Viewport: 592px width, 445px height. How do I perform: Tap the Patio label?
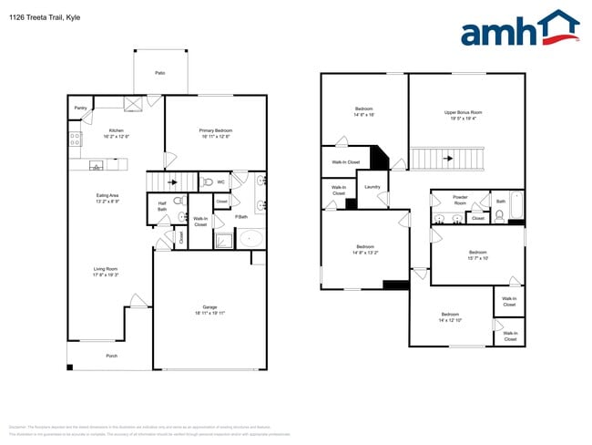[x=159, y=72]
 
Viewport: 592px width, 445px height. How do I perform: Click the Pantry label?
[x=80, y=108]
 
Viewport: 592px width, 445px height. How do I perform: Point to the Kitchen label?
[x=117, y=130]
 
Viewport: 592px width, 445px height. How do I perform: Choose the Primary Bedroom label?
[x=216, y=130]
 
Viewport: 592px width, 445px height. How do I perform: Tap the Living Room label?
[x=106, y=268]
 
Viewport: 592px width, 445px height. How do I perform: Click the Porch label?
[x=111, y=356]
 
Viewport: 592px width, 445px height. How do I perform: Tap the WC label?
[x=220, y=181]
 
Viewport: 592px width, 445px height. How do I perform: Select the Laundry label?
[x=372, y=187]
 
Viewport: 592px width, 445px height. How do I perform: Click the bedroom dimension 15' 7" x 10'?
[x=478, y=258]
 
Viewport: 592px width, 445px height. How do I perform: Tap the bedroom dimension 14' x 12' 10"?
[x=451, y=320]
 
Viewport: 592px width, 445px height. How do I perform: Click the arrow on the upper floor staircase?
[x=446, y=159]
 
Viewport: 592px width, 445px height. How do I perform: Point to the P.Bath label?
[x=241, y=216]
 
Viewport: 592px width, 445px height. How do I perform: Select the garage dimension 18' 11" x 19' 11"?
[x=209, y=313]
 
